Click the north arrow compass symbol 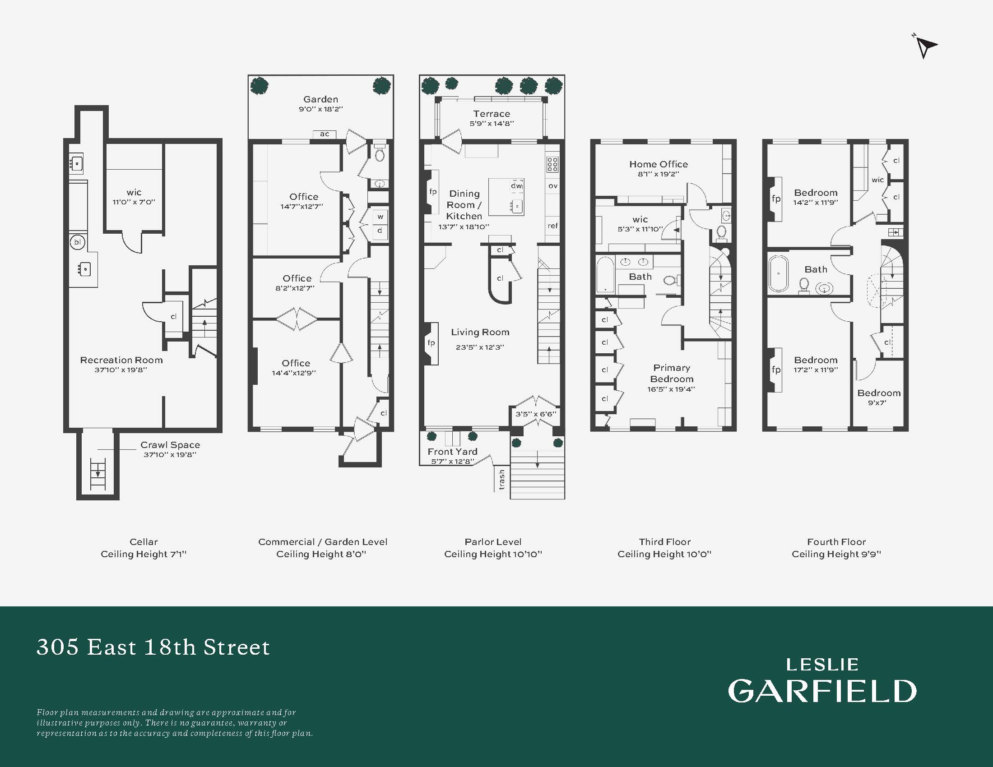(x=925, y=46)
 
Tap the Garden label (x=320, y=99)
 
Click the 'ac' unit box (x=325, y=134)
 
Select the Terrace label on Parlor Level (x=492, y=114)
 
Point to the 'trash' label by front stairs (x=501, y=479)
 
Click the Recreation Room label (x=121, y=360)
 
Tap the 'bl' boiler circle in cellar (x=77, y=242)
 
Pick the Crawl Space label (x=170, y=445)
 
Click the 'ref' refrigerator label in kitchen (x=552, y=226)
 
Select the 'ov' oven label (x=553, y=186)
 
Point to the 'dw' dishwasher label (x=516, y=185)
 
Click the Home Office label (x=659, y=164)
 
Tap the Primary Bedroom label (x=672, y=373)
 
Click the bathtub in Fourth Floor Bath (x=779, y=273)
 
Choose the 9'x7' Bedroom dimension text (x=877, y=402)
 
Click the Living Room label (x=480, y=332)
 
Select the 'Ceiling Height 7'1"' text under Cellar (x=144, y=554)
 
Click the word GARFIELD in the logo (x=822, y=691)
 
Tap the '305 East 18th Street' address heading (x=153, y=647)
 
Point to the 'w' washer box (x=380, y=217)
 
